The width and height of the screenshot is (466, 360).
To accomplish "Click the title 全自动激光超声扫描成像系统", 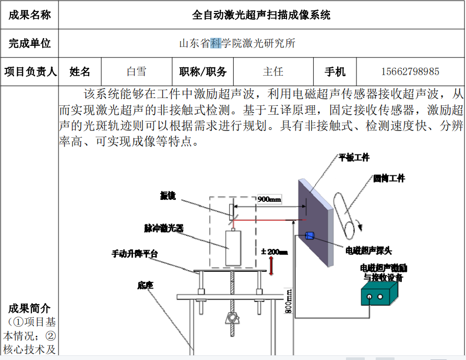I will [261, 15].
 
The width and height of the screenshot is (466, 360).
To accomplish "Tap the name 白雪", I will [136, 71].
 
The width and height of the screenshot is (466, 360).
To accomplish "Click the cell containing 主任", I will [273, 71].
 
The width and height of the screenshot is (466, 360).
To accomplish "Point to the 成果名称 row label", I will [30, 15].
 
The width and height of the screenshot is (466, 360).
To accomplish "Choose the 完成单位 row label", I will [30, 43].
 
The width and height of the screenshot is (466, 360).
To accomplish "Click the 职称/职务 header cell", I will [203, 71].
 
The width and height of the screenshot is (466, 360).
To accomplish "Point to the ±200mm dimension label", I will [274, 251].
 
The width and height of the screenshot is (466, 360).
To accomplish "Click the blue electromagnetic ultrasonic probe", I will [309, 235].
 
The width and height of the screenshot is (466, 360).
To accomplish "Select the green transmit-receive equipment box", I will [379, 296].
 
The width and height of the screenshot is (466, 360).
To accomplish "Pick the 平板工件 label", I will [354, 158].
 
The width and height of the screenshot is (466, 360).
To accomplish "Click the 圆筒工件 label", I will [389, 178].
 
